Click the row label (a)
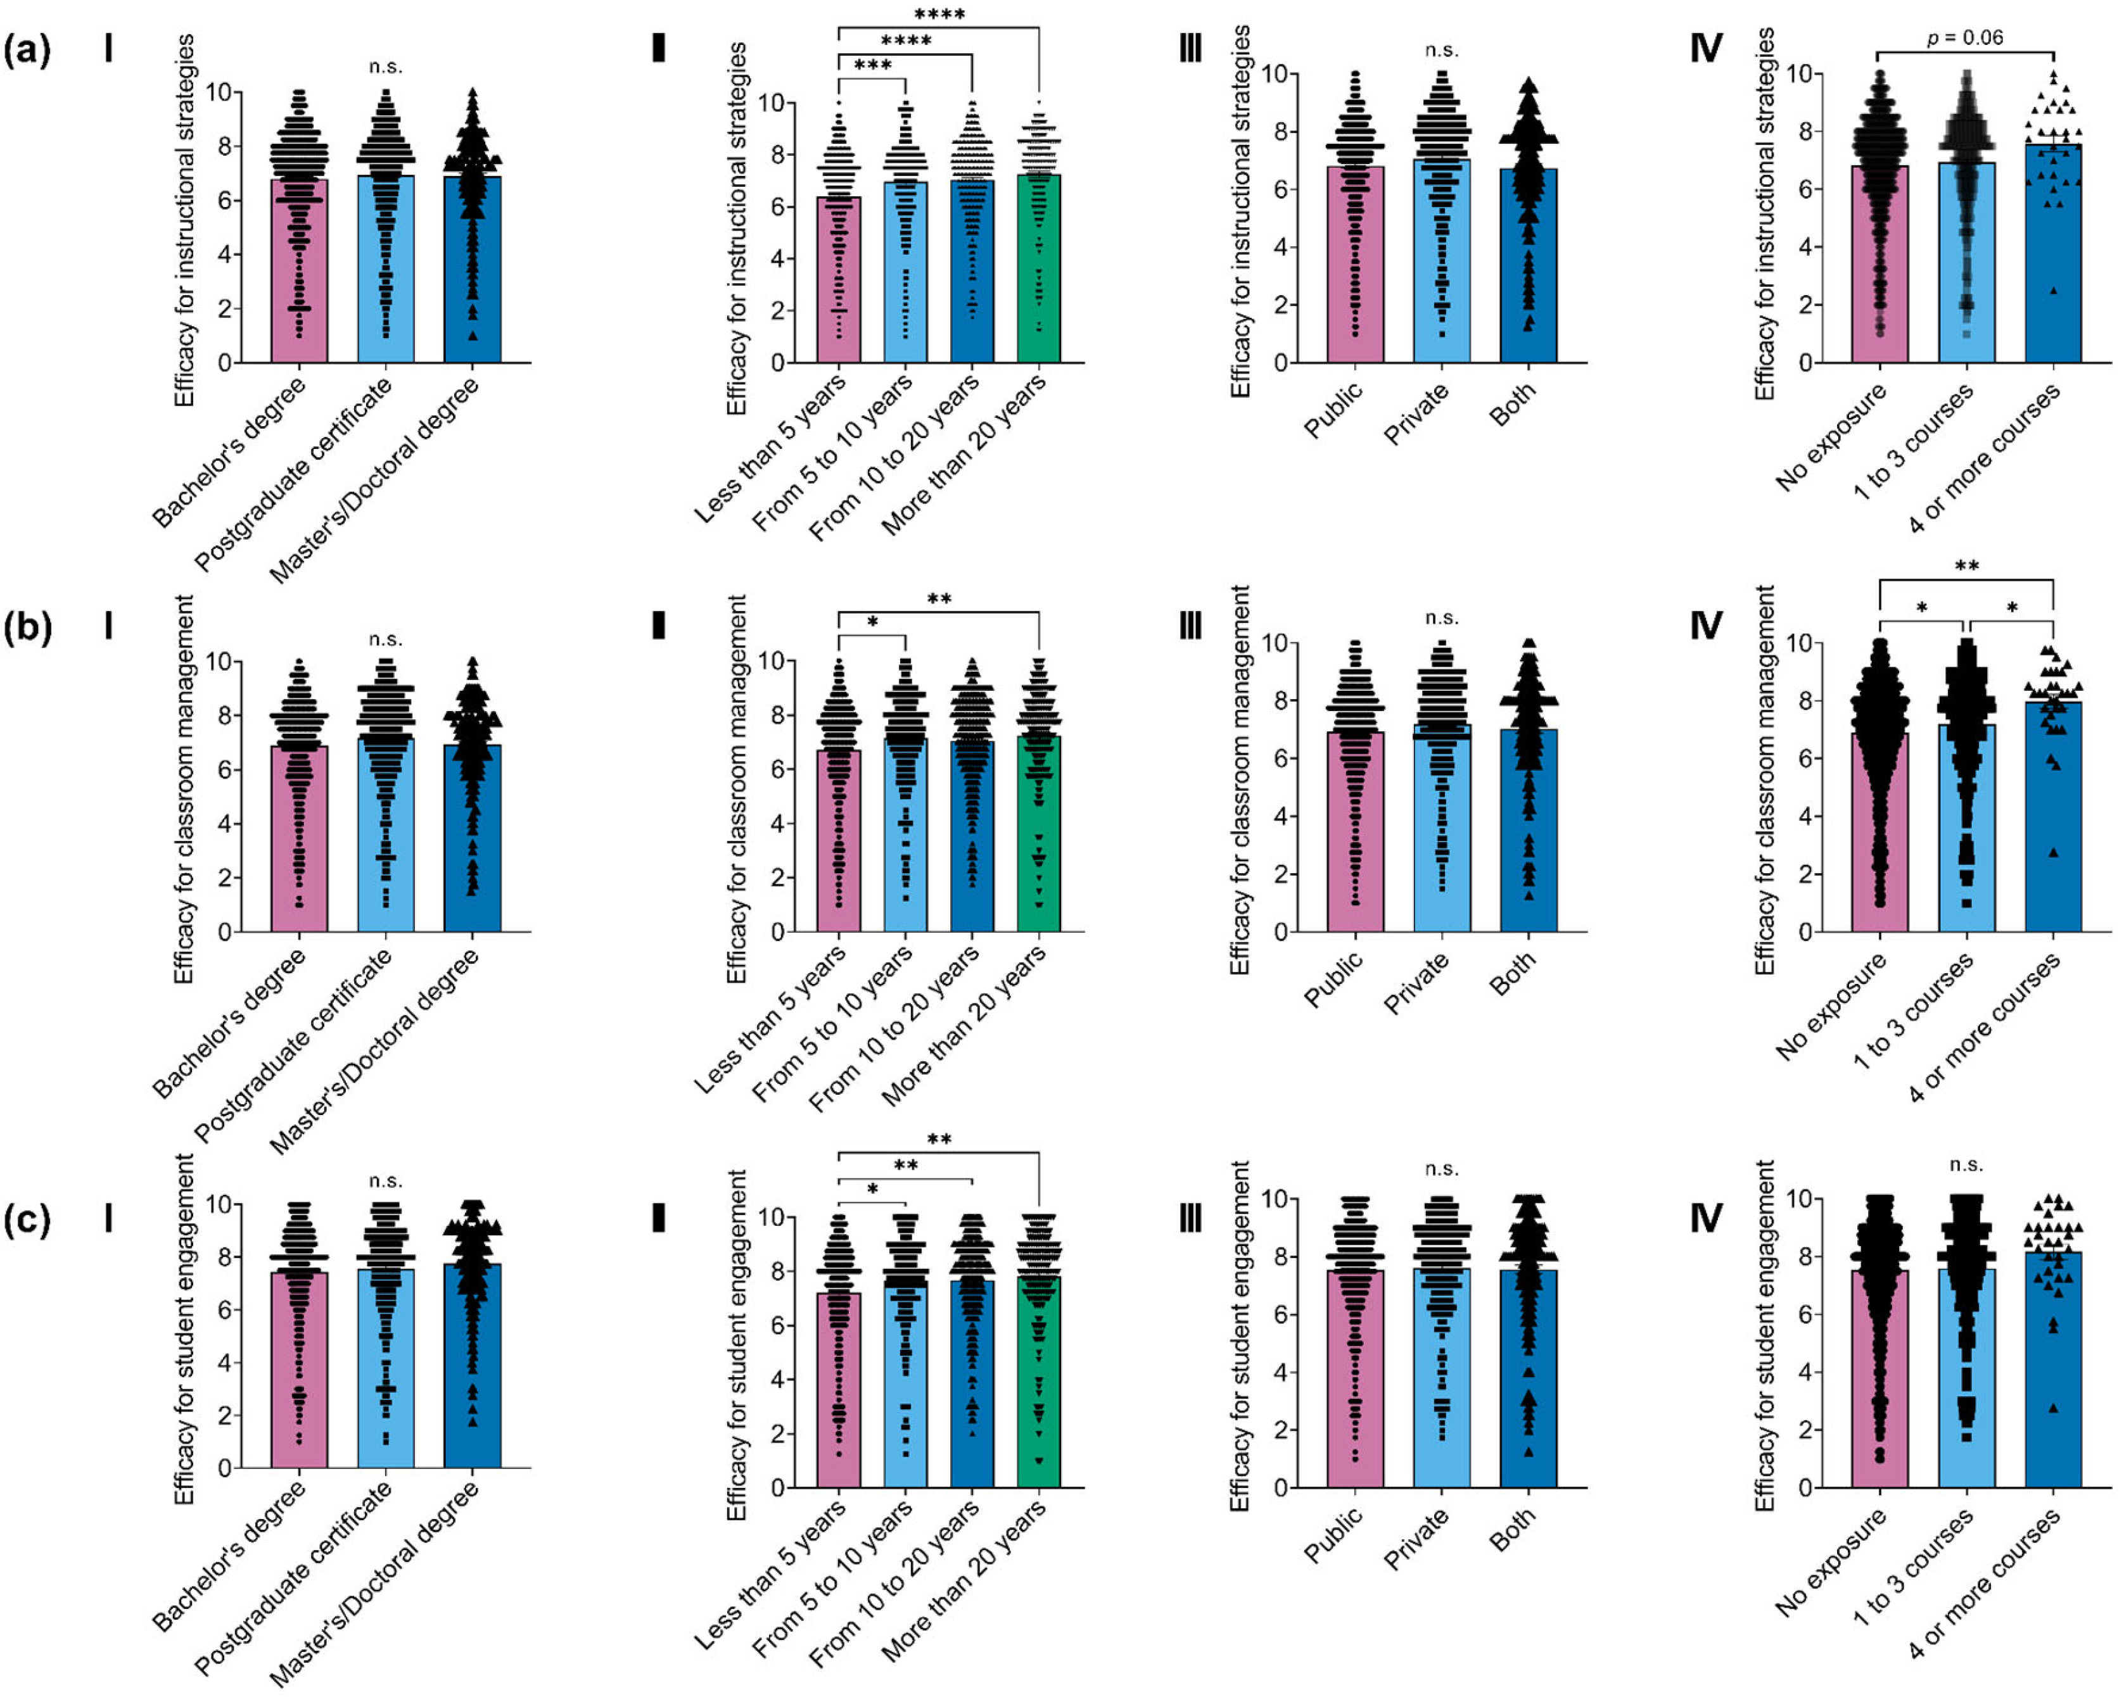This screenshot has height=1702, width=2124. click(x=27, y=49)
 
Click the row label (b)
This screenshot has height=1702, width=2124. click(x=27, y=626)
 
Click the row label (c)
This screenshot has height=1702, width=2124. click(x=27, y=1220)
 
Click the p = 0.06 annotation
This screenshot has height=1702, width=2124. click(x=1966, y=37)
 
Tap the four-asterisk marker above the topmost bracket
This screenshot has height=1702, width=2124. click(x=939, y=14)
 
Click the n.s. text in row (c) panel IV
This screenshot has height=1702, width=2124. click(x=1966, y=1165)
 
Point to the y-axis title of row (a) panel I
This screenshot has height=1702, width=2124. click(x=184, y=222)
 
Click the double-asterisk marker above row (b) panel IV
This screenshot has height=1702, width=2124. click(x=1966, y=566)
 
